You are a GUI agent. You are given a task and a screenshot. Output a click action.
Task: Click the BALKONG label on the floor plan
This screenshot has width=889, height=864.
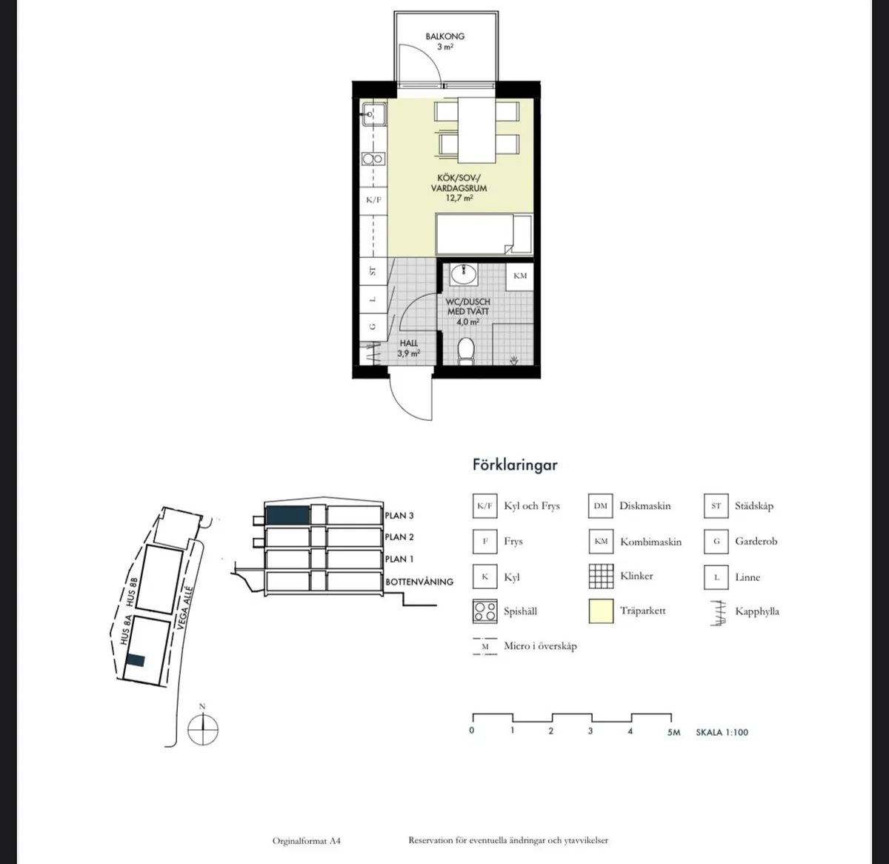click(444, 36)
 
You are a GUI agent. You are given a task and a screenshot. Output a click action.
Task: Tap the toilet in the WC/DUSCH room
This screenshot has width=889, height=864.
click(466, 351)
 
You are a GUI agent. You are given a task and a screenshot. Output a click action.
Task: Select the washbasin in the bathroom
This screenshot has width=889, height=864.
click(464, 274)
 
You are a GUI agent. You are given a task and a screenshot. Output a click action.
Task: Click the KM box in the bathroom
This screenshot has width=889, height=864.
click(520, 276)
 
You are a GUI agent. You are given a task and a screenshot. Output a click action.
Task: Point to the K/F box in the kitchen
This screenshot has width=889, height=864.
click(373, 199)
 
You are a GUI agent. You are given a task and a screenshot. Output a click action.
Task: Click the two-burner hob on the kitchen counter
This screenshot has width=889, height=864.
click(373, 159)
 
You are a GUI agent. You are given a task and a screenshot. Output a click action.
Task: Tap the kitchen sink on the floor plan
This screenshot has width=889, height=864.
click(374, 114)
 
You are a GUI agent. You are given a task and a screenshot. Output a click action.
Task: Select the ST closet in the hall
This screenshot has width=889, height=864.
click(373, 271)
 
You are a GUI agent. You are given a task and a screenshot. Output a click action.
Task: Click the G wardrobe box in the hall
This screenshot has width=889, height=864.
click(373, 326)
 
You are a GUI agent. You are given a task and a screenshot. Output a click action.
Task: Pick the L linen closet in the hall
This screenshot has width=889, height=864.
click(373, 299)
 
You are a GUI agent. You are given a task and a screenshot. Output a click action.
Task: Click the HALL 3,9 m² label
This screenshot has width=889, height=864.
click(408, 348)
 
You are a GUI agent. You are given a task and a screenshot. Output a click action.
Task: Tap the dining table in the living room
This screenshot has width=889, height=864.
click(476, 130)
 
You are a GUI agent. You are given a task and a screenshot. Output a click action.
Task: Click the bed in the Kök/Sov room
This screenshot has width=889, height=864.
click(485, 233)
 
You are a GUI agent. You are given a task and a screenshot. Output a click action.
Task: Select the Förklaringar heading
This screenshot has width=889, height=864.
click(515, 465)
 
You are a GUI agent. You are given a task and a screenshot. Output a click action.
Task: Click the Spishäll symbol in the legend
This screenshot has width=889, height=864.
click(485, 611)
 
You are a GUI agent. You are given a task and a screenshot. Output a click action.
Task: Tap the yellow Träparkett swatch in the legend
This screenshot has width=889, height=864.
click(601, 611)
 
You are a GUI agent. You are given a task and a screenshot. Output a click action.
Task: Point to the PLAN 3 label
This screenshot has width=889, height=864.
click(399, 516)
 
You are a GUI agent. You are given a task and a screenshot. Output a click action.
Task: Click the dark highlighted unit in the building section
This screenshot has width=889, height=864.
click(287, 516)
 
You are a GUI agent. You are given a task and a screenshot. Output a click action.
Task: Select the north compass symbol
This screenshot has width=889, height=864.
click(203, 730)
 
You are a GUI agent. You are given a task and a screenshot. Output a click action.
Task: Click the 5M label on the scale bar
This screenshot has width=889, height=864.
click(673, 732)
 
